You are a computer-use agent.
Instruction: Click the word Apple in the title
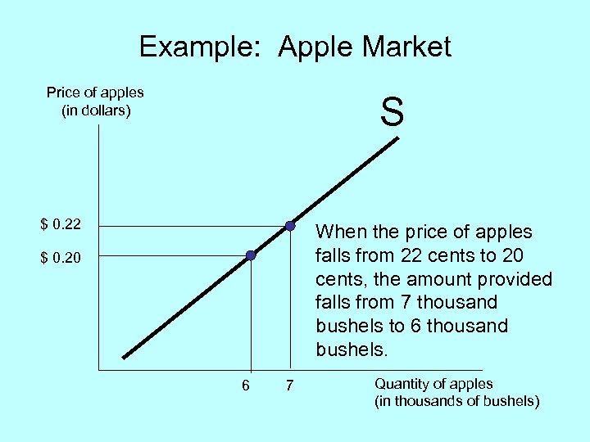[x=315, y=47]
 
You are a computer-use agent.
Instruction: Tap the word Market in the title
[x=406, y=47]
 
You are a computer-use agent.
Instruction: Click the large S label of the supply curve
[x=392, y=112]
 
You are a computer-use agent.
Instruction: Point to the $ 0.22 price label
[x=61, y=224]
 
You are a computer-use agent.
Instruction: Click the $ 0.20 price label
[x=61, y=258]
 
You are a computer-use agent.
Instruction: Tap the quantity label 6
[x=246, y=386]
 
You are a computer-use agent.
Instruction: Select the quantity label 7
[x=288, y=386]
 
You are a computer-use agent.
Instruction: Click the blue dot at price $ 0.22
[x=289, y=225]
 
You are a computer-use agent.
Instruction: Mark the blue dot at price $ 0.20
[x=251, y=256]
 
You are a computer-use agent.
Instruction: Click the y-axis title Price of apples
[x=95, y=92]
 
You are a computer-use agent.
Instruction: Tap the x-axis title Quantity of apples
[x=433, y=384]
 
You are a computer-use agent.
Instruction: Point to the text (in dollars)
[x=96, y=110]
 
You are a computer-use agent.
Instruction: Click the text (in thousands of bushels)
[x=457, y=401]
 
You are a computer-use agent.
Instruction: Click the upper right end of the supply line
[x=397, y=138]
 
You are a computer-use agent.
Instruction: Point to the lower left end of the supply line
[x=124, y=357]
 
